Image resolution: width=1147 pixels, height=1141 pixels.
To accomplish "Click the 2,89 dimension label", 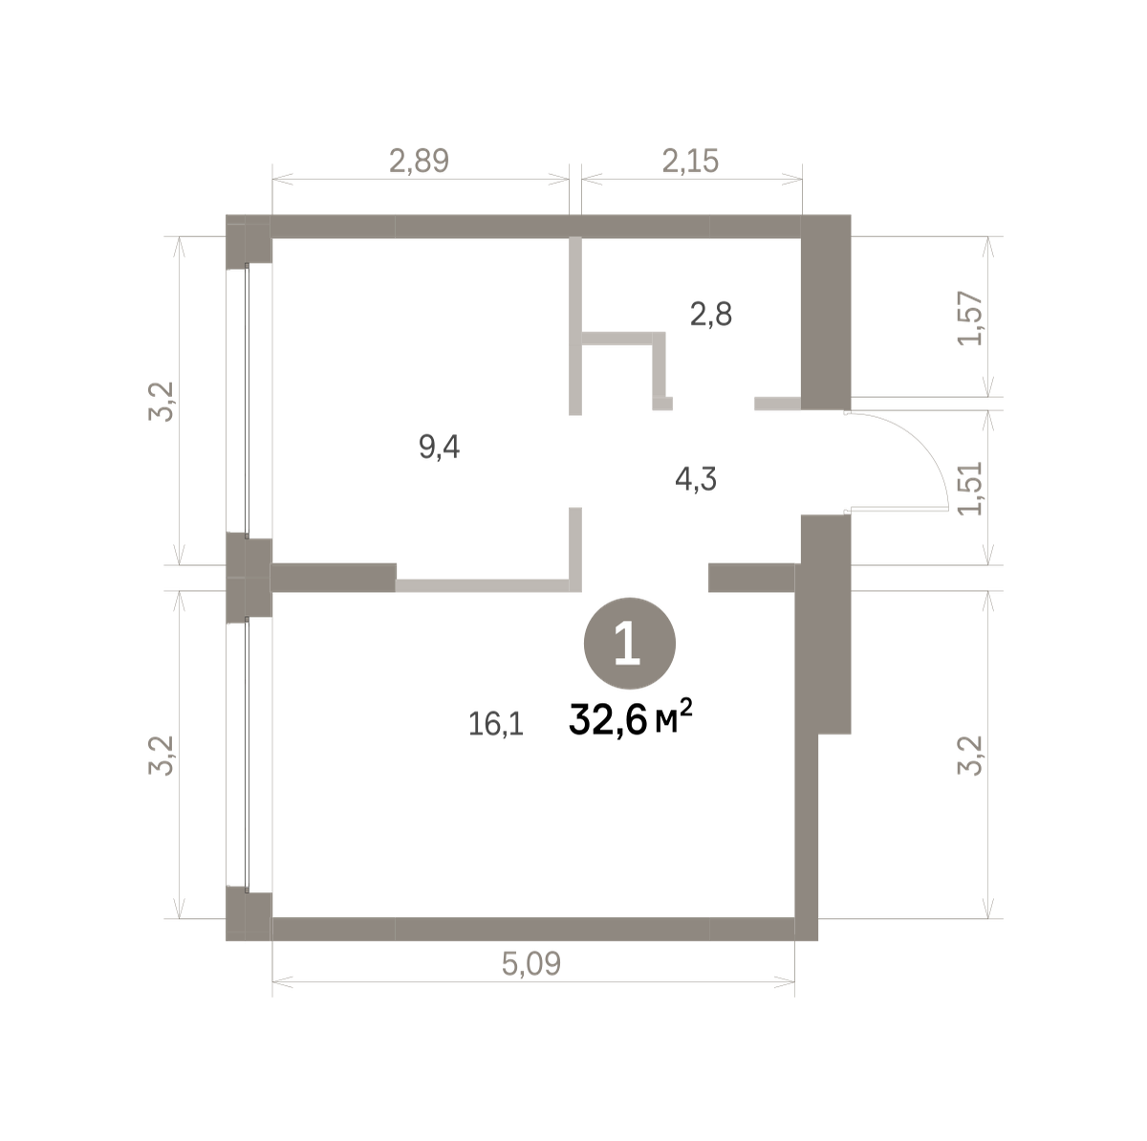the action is pos(419,161).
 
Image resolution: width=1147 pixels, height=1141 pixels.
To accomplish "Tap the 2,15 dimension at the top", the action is pos(690,161).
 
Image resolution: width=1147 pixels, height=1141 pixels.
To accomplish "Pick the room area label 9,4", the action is pos(440,447).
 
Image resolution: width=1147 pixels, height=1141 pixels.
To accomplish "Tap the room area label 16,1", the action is pos(496,724).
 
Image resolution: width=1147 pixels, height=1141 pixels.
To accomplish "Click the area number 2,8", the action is pos(711,314).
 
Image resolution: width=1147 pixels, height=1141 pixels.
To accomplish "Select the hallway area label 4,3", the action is pos(696,479).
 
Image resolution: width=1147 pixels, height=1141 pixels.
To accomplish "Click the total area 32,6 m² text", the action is pos(631,718).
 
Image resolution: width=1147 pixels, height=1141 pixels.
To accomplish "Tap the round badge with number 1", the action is pos(630,644).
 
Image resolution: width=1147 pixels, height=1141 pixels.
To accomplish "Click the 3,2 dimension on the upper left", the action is pos(161,401).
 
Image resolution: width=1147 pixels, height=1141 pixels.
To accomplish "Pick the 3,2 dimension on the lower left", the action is pos(161,756).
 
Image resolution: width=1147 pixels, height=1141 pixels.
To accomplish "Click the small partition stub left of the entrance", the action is pos(777,404).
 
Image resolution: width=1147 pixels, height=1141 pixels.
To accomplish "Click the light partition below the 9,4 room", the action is pos(488,585).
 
